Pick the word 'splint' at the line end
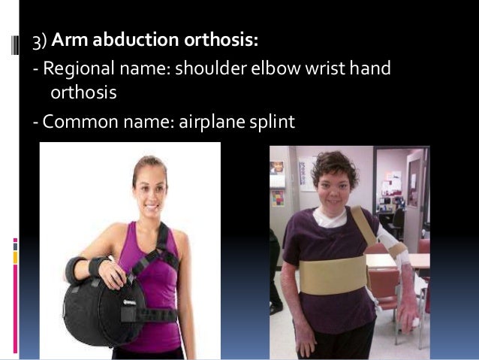click(x=271, y=120)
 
